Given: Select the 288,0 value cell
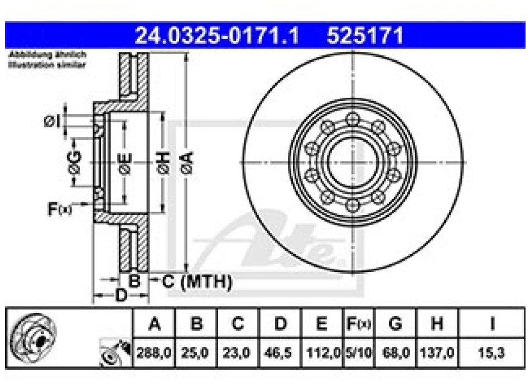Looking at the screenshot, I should [x=154, y=352].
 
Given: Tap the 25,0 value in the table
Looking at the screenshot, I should [x=195, y=352].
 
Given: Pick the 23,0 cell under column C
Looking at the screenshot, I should [x=237, y=352].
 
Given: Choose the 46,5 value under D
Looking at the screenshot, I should [x=280, y=352].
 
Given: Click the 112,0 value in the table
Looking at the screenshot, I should [x=322, y=352].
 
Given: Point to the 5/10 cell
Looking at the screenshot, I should [x=356, y=352].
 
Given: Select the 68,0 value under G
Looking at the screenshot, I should [x=394, y=352].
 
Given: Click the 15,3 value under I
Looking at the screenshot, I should [x=490, y=352].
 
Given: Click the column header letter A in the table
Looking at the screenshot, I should [x=154, y=323].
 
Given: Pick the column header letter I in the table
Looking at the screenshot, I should [x=490, y=323].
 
